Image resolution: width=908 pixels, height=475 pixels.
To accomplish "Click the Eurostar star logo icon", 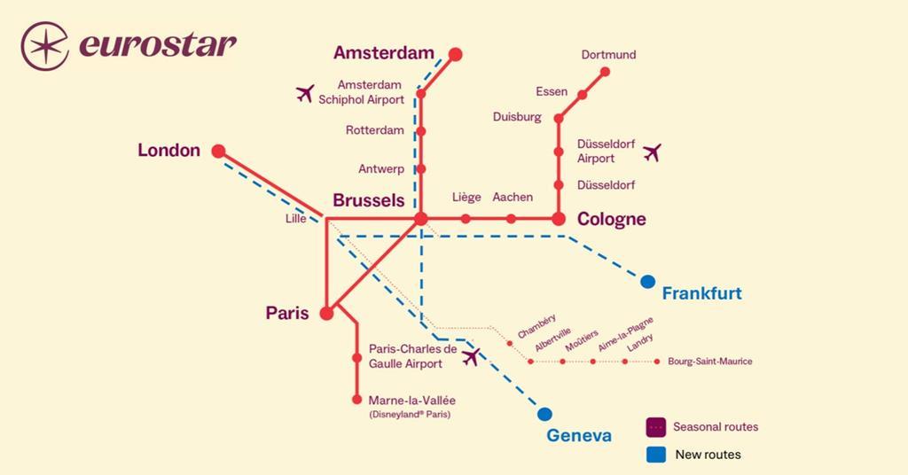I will (x=45, y=46).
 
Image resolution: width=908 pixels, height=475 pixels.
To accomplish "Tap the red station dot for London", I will (x=218, y=151).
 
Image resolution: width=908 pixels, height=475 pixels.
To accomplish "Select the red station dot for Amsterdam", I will (x=456, y=54).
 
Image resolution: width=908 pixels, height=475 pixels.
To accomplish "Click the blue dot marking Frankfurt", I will (x=648, y=282).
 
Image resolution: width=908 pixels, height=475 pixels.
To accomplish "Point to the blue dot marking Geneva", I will (x=544, y=414).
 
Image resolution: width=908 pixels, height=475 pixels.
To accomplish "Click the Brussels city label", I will (x=368, y=201).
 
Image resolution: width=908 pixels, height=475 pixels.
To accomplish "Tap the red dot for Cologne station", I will (x=559, y=218).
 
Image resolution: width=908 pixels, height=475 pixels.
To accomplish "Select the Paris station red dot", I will (x=326, y=313).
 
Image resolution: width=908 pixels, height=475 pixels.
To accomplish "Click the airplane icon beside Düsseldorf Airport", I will (x=653, y=152).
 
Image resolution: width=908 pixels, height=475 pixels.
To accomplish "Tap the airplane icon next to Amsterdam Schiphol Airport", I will (x=305, y=93).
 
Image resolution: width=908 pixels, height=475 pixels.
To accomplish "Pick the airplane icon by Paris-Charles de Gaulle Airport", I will (x=471, y=356).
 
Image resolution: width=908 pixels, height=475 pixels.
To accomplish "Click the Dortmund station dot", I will (x=606, y=73).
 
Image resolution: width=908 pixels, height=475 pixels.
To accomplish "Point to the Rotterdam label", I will (x=374, y=130).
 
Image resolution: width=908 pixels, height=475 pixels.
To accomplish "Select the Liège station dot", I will (x=466, y=218).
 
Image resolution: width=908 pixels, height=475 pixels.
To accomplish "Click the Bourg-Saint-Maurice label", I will (x=710, y=362).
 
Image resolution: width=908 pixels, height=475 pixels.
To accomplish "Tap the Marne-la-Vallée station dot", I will (x=357, y=400).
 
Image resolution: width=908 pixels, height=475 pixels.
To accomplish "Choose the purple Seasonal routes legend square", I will (x=656, y=427).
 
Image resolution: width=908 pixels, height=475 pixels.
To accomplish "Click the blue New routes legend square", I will (x=656, y=455).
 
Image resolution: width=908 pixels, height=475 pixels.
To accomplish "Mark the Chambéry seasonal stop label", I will (x=536, y=326).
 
